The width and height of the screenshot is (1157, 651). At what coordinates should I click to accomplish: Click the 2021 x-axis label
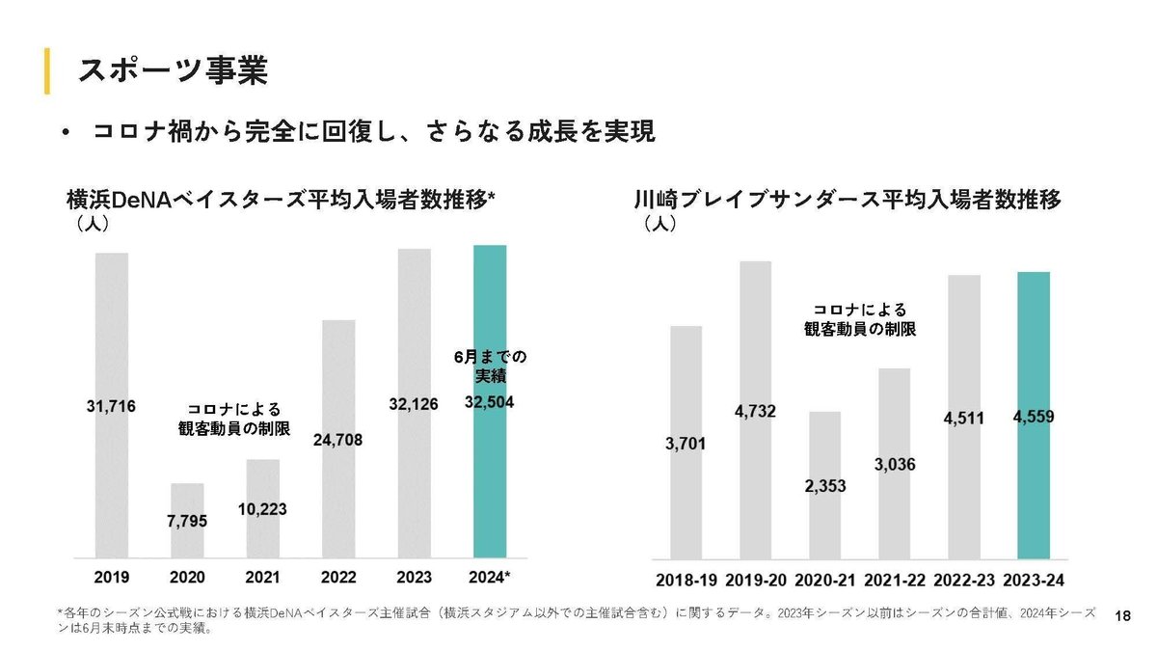tap(262, 578)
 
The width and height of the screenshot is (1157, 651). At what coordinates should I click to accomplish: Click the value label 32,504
tap(489, 403)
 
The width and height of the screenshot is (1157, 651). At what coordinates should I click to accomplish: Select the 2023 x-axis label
tap(414, 578)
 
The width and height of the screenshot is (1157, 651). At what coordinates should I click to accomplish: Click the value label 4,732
tap(755, 412)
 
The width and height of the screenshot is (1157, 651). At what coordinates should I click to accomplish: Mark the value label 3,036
tap(895, 465)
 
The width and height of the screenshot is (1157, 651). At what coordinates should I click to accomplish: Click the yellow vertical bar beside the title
tap(46, 70)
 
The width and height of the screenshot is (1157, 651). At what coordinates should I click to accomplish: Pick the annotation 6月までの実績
tap(490, 366)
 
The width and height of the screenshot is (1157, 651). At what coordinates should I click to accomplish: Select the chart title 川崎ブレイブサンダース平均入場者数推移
tap(848, 201)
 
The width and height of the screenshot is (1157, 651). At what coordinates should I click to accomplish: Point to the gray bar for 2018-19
tap(686, 502)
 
